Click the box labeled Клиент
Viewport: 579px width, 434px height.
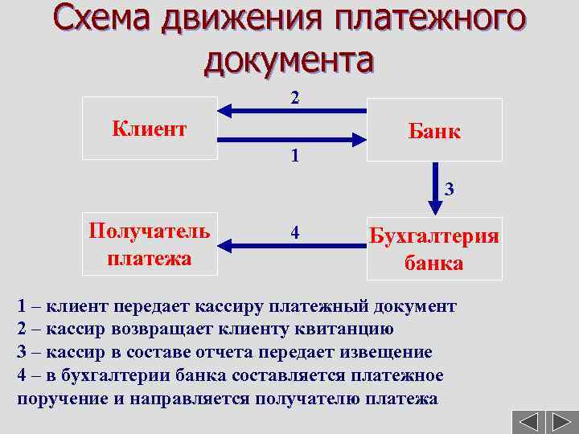pyautogui.click(x=150, y=129)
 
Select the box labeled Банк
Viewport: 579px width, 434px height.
pyautogui.click(x=434, y=130)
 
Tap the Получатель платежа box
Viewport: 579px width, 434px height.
pyautogui.click(x=150, y=245)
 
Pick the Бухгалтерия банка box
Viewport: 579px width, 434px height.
pyautogui.click(x=434, y=249)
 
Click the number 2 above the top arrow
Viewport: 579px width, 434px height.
pyautogui.click(x=295, y=98)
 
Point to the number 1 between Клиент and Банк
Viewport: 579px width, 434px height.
pyautogui.click(x=295, y=155)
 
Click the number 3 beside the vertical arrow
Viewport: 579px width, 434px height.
pyautogui.click(x=450, y=190)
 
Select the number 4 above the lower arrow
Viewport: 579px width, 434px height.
pyautogui.click(x=295, y=232)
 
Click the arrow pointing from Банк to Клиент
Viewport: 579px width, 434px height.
pyautogui.click(x=294, y=112)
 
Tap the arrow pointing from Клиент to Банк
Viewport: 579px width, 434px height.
pyautogui.click(x=294, y=140)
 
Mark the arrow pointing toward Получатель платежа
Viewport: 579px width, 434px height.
pyautogui.click(x=294, y=244)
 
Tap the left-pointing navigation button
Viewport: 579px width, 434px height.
pyautogui.click(x=528, y=421)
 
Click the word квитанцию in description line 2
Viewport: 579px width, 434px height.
pyautogui.click(x=338, y=330)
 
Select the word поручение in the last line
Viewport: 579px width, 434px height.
pyautogui.click(x=55, y=398)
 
